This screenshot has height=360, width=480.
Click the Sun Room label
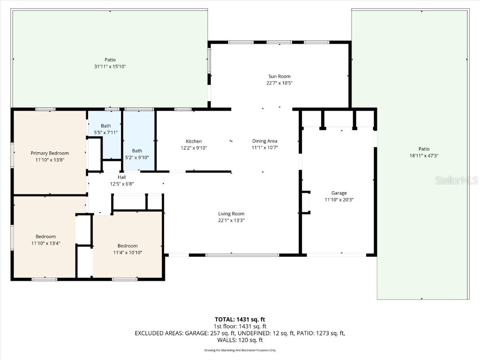279,76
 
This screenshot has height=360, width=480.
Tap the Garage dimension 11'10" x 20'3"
339,200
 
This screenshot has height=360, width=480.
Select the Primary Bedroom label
50,153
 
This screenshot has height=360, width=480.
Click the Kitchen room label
194,141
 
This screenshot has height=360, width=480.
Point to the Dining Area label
265,141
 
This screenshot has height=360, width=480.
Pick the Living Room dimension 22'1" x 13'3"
231,220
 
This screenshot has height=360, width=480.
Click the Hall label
122,177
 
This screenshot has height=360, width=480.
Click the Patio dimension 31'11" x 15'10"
110,67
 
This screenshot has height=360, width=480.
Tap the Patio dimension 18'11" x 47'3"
424,156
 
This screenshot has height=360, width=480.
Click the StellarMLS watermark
456,180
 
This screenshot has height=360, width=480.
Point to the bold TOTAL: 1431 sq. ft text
240,320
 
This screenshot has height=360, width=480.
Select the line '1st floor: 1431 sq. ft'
240,326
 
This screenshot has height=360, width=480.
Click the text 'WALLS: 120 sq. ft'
240,340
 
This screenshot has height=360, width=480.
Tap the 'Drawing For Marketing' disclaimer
240,350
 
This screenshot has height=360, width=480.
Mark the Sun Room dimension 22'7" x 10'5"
279,83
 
